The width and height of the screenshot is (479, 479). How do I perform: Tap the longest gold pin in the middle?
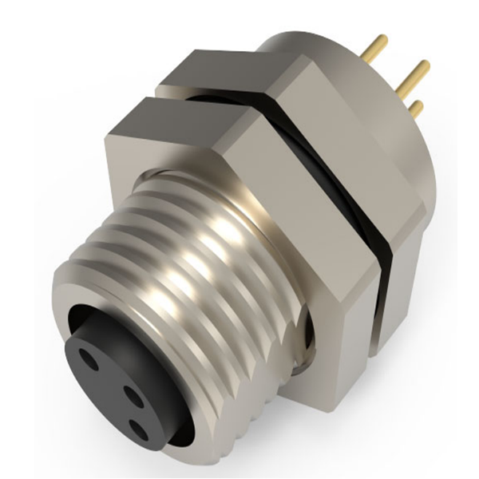click(412, 76)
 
